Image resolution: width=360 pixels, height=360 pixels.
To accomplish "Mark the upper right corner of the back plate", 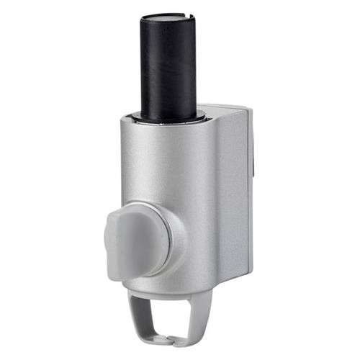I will click(x=250, y=109).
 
